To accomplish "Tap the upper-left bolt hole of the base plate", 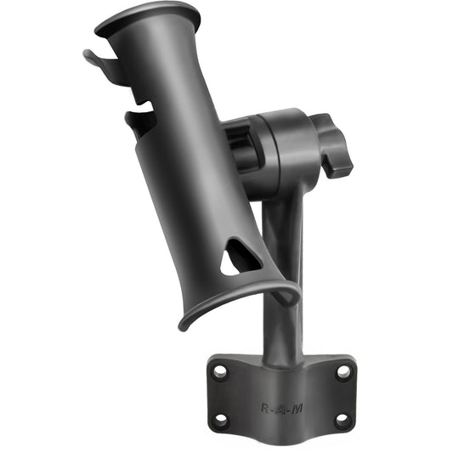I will [220, 371].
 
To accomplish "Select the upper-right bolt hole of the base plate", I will [343, 371].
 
